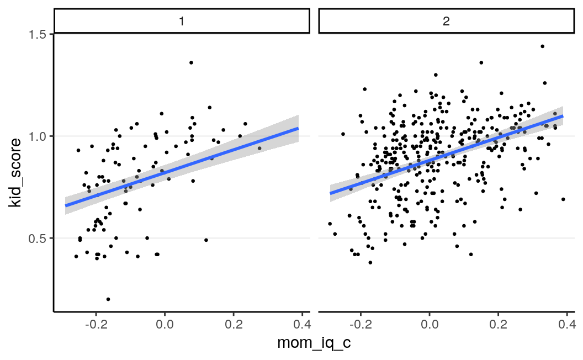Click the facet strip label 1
point(182,22)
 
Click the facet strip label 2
point(447,22)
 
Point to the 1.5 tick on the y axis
point(40,34)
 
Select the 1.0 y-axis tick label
point(40,136)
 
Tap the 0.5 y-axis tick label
point(40,238)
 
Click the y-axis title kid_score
point(15,172)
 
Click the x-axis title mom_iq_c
point(314,343)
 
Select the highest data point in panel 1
point(191,62)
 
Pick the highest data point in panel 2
point(542,46)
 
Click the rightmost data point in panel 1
point(259,148)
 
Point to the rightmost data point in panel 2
point(563,199)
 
